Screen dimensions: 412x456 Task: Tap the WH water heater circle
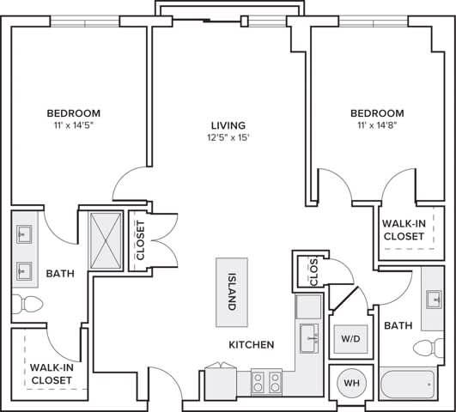(351, 382)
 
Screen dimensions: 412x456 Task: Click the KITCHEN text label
(251, 345)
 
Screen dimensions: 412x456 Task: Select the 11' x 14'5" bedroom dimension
(73, 126)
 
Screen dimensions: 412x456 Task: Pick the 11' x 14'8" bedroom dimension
(377, 126)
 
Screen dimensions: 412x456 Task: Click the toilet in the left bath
(27, 303)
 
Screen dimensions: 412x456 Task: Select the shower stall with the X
(108, 239)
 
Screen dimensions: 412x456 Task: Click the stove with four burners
(267, 380)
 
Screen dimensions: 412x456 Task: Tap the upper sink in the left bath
(23, 233)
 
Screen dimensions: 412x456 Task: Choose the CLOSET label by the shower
(140, 240)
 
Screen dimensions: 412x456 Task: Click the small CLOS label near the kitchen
(313, 273)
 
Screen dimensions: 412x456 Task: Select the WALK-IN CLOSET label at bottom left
(50, 373)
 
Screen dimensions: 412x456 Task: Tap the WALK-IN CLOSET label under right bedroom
(404, 230)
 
